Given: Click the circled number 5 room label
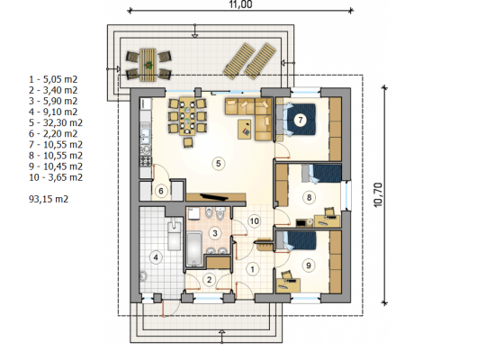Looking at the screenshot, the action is pos(218,163).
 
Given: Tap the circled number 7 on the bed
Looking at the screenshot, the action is pos(301,120).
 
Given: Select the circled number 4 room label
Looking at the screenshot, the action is pos(156,257).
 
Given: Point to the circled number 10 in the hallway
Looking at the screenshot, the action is pos(255,221).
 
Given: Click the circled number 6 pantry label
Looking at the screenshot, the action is pos(161,191).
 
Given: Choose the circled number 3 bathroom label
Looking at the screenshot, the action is pos(215,233).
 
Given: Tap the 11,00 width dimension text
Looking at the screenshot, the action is pos(240,4).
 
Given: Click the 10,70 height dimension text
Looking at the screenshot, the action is pos(378,194).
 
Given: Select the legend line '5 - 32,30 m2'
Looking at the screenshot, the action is pos(56,122).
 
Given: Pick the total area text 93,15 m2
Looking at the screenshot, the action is pos(49,199).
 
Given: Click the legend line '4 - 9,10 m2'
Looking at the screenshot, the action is pos(53,112).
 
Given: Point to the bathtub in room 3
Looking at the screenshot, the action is pos(193,248).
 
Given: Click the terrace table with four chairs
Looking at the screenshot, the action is pos(148,65).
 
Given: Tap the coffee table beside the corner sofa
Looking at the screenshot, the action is pos(245,129).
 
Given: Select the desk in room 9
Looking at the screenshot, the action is pos(288,285).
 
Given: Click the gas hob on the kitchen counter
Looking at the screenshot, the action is pos(146,161).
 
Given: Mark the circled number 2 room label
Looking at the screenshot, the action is pos(209,280).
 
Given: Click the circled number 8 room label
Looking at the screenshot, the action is pos(309,197).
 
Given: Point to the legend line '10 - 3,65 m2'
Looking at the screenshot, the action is pos(56,177).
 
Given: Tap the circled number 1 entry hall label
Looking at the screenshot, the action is pos(252,269).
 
